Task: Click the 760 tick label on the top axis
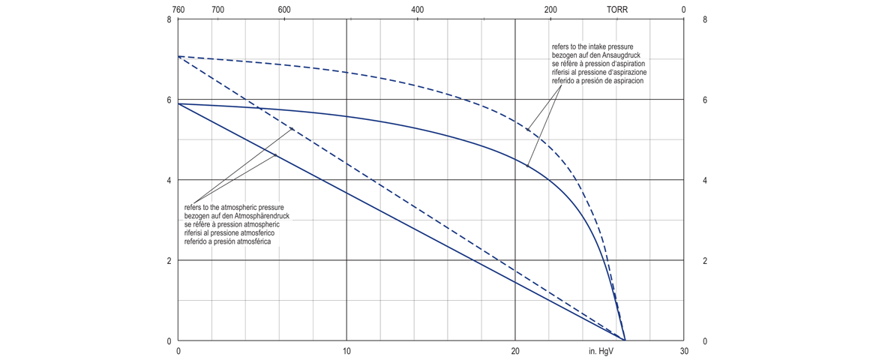click(x=178, y=10)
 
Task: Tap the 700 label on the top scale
click(x=218, y=10)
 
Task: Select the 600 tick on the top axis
click(x=284, y=10)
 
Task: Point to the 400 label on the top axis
click(x=418, y=10)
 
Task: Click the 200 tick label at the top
click(x=550, y=10)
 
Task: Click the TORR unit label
click(x=617, y=10)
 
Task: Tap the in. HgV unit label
click(x=602, y=351)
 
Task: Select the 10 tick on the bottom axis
click(x=346, y=351)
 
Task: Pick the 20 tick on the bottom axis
click(x=515, y=351)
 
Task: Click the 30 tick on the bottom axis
click(x=683, y=351)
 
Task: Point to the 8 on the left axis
click(x=169, y=19)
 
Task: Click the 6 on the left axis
click(x=169, y=100)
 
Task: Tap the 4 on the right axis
click(x=705, y=181)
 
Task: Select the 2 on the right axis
click(x=705, y=261)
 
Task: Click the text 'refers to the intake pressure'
click(x=598, y=47)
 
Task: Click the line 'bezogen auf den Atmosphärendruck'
click(x=236, y=215)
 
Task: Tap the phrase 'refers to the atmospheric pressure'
click(x=234, y=207)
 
